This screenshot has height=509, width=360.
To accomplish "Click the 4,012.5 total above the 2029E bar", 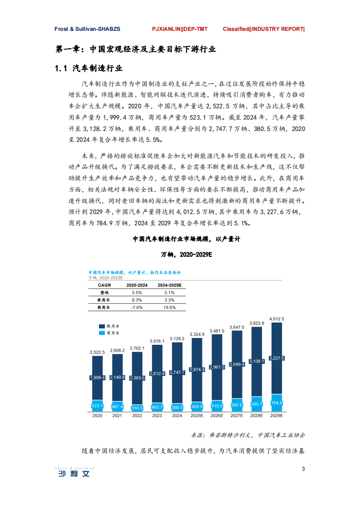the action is coord(276,319).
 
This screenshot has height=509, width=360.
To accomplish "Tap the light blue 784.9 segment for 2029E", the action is coord(276,402).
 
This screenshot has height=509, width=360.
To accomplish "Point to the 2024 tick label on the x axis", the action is coord(177,415).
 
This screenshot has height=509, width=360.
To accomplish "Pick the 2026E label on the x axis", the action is coord(217,415).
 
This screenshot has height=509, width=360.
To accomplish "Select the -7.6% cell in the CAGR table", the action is coord(137,307).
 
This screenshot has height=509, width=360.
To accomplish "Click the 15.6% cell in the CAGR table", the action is coord(169,307).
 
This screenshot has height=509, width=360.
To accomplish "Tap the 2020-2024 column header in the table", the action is coord(137,285).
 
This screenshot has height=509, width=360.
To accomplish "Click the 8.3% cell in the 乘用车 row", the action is coord(137,300).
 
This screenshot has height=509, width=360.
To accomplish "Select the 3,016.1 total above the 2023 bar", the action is coord(157,340).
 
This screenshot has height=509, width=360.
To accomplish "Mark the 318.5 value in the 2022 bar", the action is coord(137,408).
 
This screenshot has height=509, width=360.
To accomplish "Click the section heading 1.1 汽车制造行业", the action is coord(89,69).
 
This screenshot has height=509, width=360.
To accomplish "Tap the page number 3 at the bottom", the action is coord(303,469).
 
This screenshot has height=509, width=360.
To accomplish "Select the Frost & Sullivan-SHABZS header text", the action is coord(87,29).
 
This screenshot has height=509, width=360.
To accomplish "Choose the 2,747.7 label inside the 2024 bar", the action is coord(177,372).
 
